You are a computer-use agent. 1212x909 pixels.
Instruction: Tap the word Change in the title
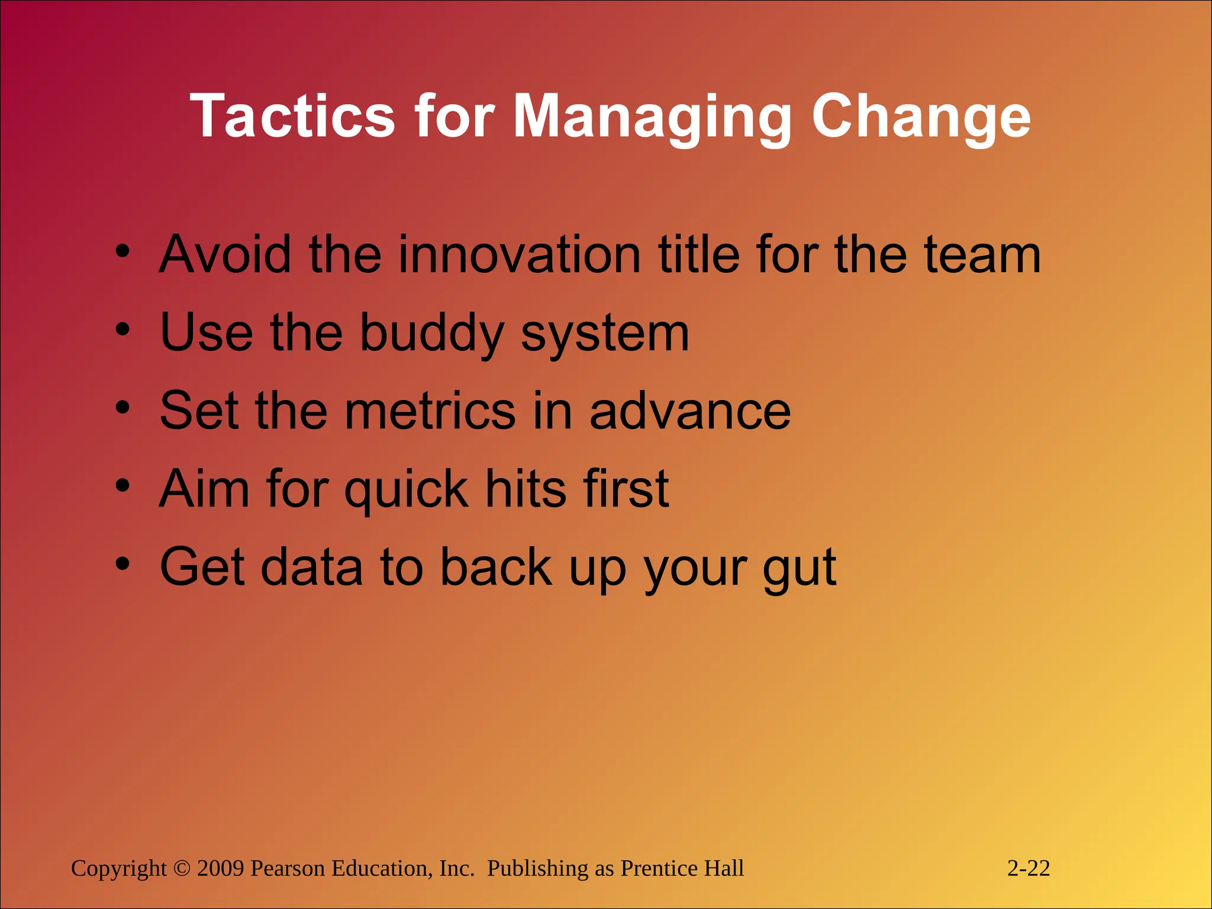pos(921,117)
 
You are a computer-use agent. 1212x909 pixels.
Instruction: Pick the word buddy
pos(431,333)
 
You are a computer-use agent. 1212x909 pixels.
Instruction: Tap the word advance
pos(690,411)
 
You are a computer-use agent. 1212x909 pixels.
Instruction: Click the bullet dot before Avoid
pos(123,251)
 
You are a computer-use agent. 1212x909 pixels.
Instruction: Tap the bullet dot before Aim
pos(123,485)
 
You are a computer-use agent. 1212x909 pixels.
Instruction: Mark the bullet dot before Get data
pos(123,564)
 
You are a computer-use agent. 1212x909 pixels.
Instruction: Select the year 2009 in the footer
pos(221,868)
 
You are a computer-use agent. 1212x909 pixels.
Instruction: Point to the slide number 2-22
pos(1029,868)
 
